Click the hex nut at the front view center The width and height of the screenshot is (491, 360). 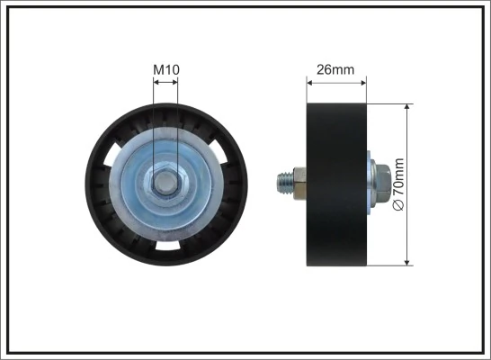[165, 184]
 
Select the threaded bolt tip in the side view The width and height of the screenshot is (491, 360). [281, 184]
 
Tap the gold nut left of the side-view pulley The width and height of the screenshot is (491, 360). [300, 184]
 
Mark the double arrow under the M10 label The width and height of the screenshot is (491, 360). [165, 82]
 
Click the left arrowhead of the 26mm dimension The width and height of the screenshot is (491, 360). [311, 82]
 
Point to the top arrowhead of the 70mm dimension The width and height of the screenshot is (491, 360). [409, 107]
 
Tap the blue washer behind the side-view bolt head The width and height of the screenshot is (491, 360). [370, 184]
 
